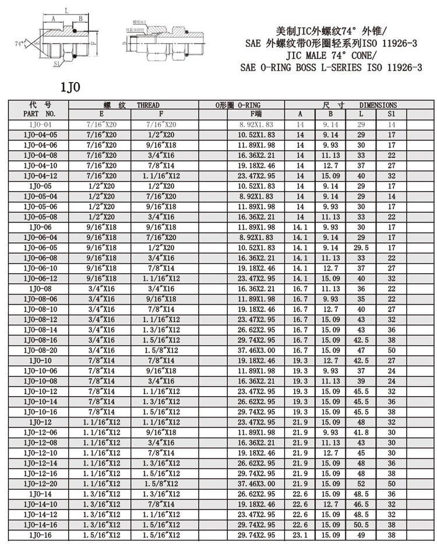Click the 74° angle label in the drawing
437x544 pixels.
(20, 44)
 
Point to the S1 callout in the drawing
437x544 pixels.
(57, 63)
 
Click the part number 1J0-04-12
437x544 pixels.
(40, 175)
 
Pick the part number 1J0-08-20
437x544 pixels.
(40, 351)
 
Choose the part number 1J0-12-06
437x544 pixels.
(40, 433)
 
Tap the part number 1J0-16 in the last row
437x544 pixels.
(40, 534)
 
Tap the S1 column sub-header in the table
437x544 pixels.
(391, 114)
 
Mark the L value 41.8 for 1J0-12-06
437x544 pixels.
(361, 433)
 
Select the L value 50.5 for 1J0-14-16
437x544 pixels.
(361, 524)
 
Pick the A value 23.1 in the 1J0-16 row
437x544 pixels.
(301, 534)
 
